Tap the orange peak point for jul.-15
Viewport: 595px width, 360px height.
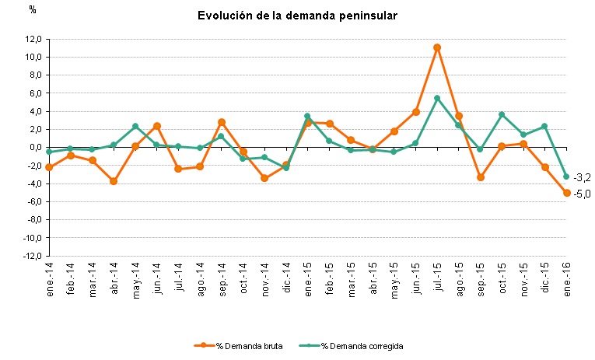pyautogui.click(x=437, y=47)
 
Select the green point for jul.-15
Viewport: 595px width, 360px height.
pyautogui.click(x=437, y=98)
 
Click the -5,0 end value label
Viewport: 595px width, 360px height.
pyautogui.click(x=583, y=194)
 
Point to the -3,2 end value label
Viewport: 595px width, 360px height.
pyautogui.click(x=583, y=177)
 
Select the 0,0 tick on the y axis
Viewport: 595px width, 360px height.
pyautogui.click(x=33, y=148)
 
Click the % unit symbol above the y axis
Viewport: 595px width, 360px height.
pyautogui.click(x=32, y=9)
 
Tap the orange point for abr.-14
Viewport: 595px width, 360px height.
pyautogui.click(x=114, y=181)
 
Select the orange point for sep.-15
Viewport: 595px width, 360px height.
pyautogui.click(x=481, y=177)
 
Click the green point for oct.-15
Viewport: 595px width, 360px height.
pyautogui.click(x=502, y=114)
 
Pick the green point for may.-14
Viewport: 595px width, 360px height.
pyautogui.click(x=135, y=126)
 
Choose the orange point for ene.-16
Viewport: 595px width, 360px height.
pyautogui.click(x=567, y=193)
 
